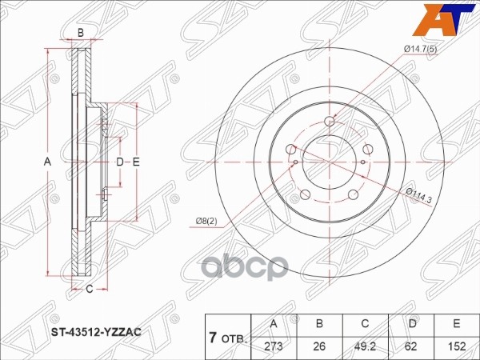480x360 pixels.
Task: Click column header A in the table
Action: pos(275,324)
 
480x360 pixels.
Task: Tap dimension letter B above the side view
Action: pos(80,33)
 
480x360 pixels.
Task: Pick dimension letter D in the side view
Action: pos(120,162)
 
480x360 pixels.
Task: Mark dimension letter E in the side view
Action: pos(137,162)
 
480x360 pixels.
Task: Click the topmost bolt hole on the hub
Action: pos(330,122)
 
